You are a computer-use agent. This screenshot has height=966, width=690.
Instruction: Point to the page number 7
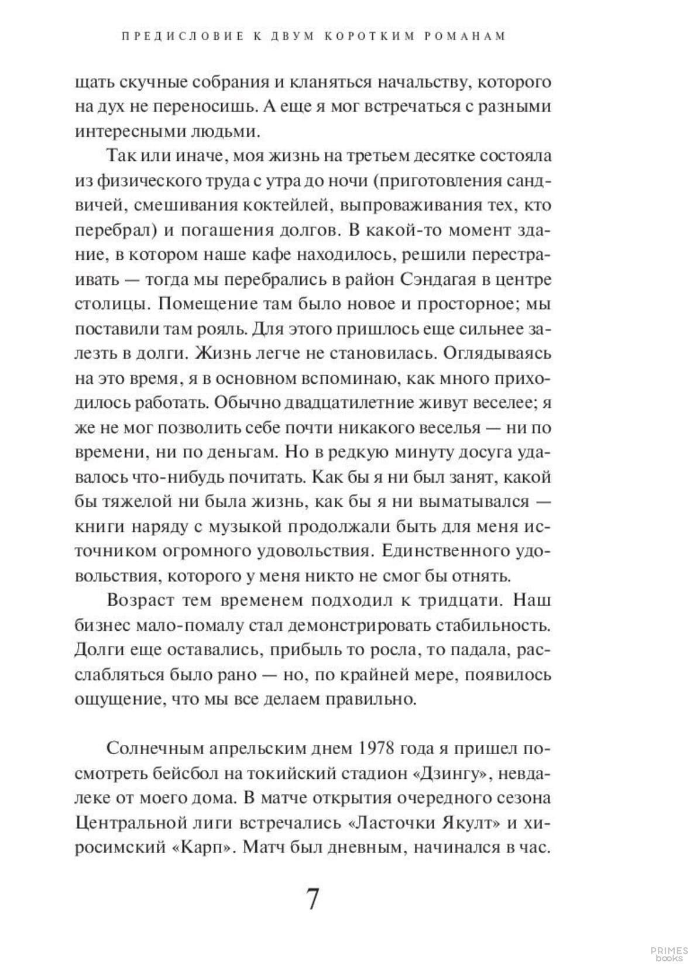313,899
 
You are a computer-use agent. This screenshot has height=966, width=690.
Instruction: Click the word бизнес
101,625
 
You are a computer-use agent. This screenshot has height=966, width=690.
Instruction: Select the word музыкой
241,526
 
